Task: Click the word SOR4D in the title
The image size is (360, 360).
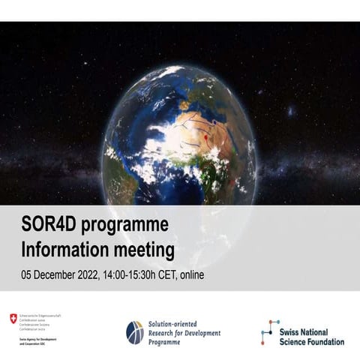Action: [x=47, y=225]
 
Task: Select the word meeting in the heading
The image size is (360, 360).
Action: [x=145, y=247]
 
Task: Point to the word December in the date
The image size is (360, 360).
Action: [x=61, y=274]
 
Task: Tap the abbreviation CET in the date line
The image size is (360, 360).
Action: [x=186, y=274]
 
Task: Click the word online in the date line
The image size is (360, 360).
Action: [x=214, y=274]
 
